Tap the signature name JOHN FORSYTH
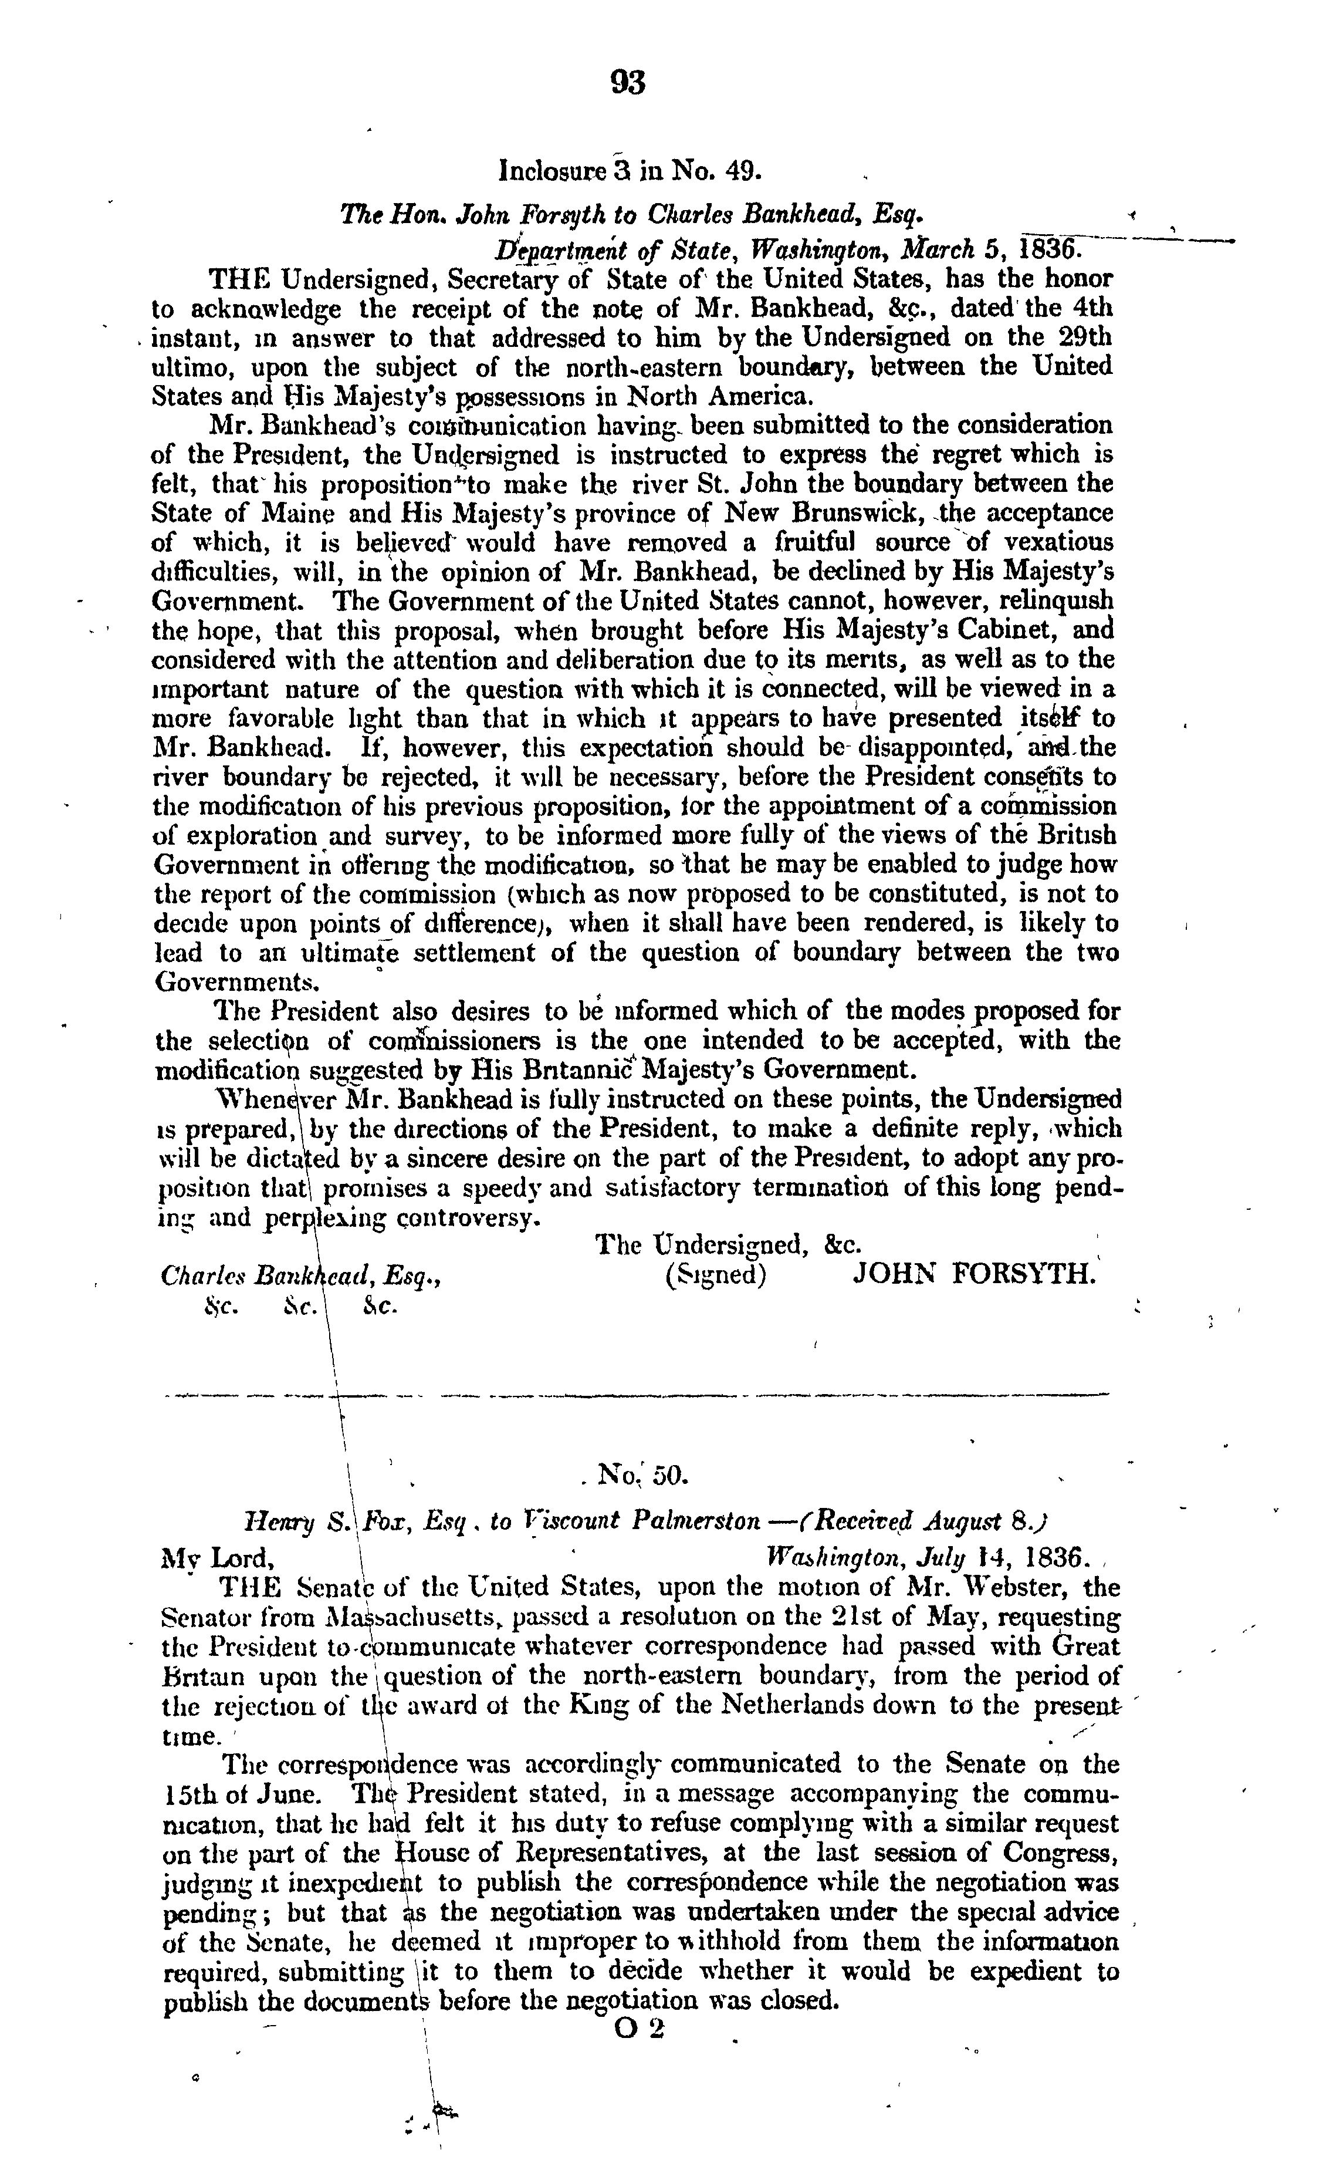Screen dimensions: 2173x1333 coord(974,1276)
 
